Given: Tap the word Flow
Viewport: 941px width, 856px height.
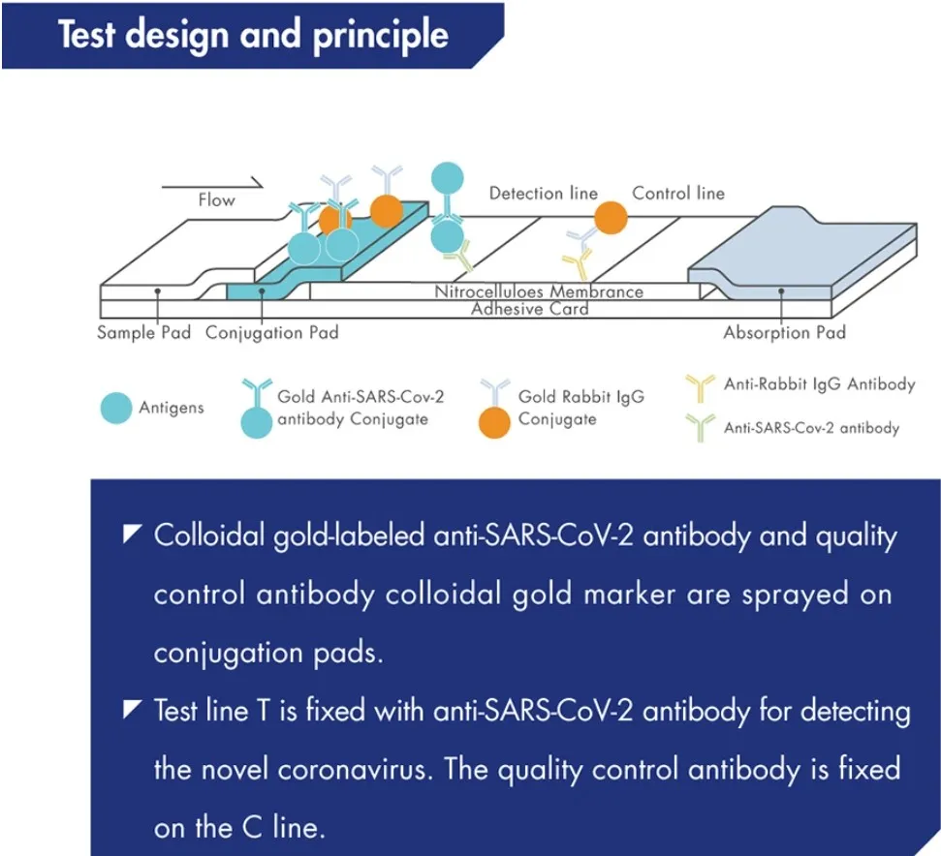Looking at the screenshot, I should (216, 200).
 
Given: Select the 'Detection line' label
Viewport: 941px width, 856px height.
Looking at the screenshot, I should (543, 194).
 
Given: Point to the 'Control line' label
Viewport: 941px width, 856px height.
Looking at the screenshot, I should (678, 194).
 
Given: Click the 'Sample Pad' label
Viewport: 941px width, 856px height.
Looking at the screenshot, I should (143, 333).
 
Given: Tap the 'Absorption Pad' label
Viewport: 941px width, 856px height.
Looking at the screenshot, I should (784, 333).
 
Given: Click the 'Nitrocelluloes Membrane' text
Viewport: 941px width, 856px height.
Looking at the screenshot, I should (538, 291).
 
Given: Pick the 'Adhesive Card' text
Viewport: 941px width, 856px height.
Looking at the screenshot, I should (529, 309).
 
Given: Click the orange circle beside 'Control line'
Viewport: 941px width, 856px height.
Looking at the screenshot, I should (611, 217).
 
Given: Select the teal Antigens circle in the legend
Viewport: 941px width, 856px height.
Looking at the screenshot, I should (116, 409).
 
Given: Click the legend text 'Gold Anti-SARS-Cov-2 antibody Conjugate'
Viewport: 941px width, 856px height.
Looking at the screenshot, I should (353, 408).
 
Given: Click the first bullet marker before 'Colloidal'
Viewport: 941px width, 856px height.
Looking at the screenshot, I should (132, 535).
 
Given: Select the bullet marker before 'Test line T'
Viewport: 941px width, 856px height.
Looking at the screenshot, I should (132, 712).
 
